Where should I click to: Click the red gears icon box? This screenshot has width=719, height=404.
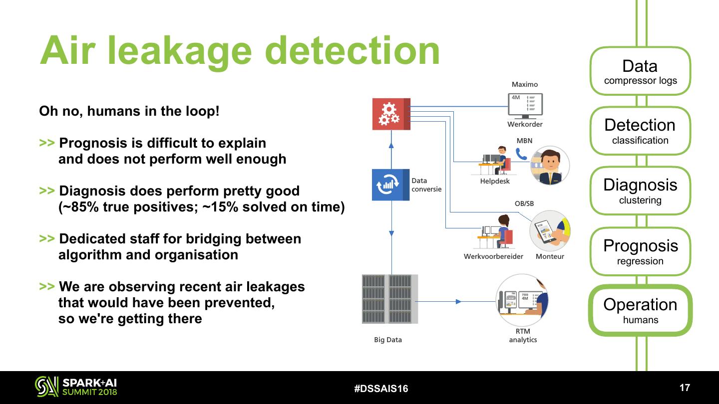pos(391,114)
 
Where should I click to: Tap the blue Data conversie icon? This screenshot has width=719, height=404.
pos(390,185)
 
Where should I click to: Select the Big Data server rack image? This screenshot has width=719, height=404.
pos(389,299)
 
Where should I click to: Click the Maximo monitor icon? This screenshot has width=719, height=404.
pos(525,105)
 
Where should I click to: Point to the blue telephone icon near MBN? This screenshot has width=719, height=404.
pos(521,154)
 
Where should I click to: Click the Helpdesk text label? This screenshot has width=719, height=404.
pos(495,181)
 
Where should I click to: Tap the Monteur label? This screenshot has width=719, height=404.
pos(550,256)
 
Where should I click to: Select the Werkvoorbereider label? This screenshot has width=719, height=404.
pos(493,256)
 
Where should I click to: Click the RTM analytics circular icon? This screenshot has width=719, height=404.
pos(522,300)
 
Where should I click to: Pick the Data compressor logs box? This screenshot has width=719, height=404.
pos(640,71)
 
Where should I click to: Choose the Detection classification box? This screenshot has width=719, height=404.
pos(640,131)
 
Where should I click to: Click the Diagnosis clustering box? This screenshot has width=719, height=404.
pos(640,191)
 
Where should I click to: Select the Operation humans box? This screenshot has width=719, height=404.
pos(640,310)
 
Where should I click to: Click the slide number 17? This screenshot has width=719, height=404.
pos(685,388)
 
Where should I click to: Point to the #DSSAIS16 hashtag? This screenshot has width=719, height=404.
pos(381,389)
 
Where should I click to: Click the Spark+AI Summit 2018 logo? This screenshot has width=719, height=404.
pos(76,387)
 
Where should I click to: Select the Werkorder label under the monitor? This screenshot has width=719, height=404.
pos(525,124)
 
